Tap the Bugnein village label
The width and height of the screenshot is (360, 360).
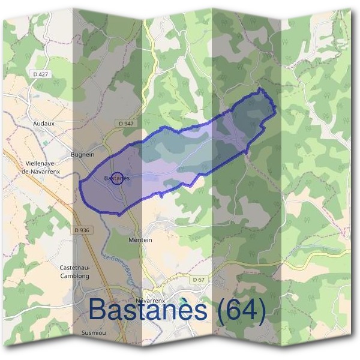pyautogui.click(x=83, y=154)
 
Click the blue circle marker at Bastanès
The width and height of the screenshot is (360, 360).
pyautogui.click(x=118, y=178)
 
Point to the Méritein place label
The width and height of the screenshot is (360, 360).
pyautogui.click(x=141, y=239)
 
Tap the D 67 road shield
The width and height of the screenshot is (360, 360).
pyautogui.click(x=199, y=280)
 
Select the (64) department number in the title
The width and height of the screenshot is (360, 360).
pyautogui.click(x=242, y=310)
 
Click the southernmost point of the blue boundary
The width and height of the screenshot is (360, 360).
pyautogui.click(x=119, y=215)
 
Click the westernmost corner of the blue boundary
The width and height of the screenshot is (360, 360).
pyautogui.click(x=80, y=183)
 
